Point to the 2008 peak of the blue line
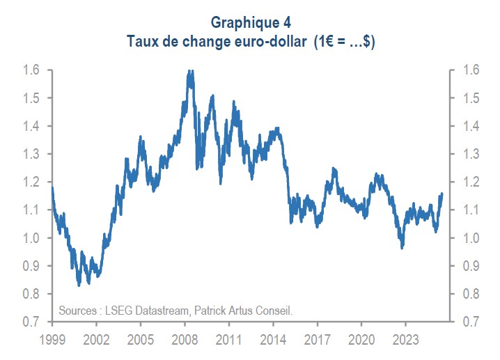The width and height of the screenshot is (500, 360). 189,71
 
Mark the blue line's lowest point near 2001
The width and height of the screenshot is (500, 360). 79,284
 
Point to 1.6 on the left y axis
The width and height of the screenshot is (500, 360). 31,70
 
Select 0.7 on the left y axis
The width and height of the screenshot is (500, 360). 31,322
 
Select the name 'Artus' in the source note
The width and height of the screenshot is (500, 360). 240,310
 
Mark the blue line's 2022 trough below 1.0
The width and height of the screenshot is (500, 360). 402,247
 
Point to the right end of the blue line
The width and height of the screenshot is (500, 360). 442,194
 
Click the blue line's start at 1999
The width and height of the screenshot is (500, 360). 52,187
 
